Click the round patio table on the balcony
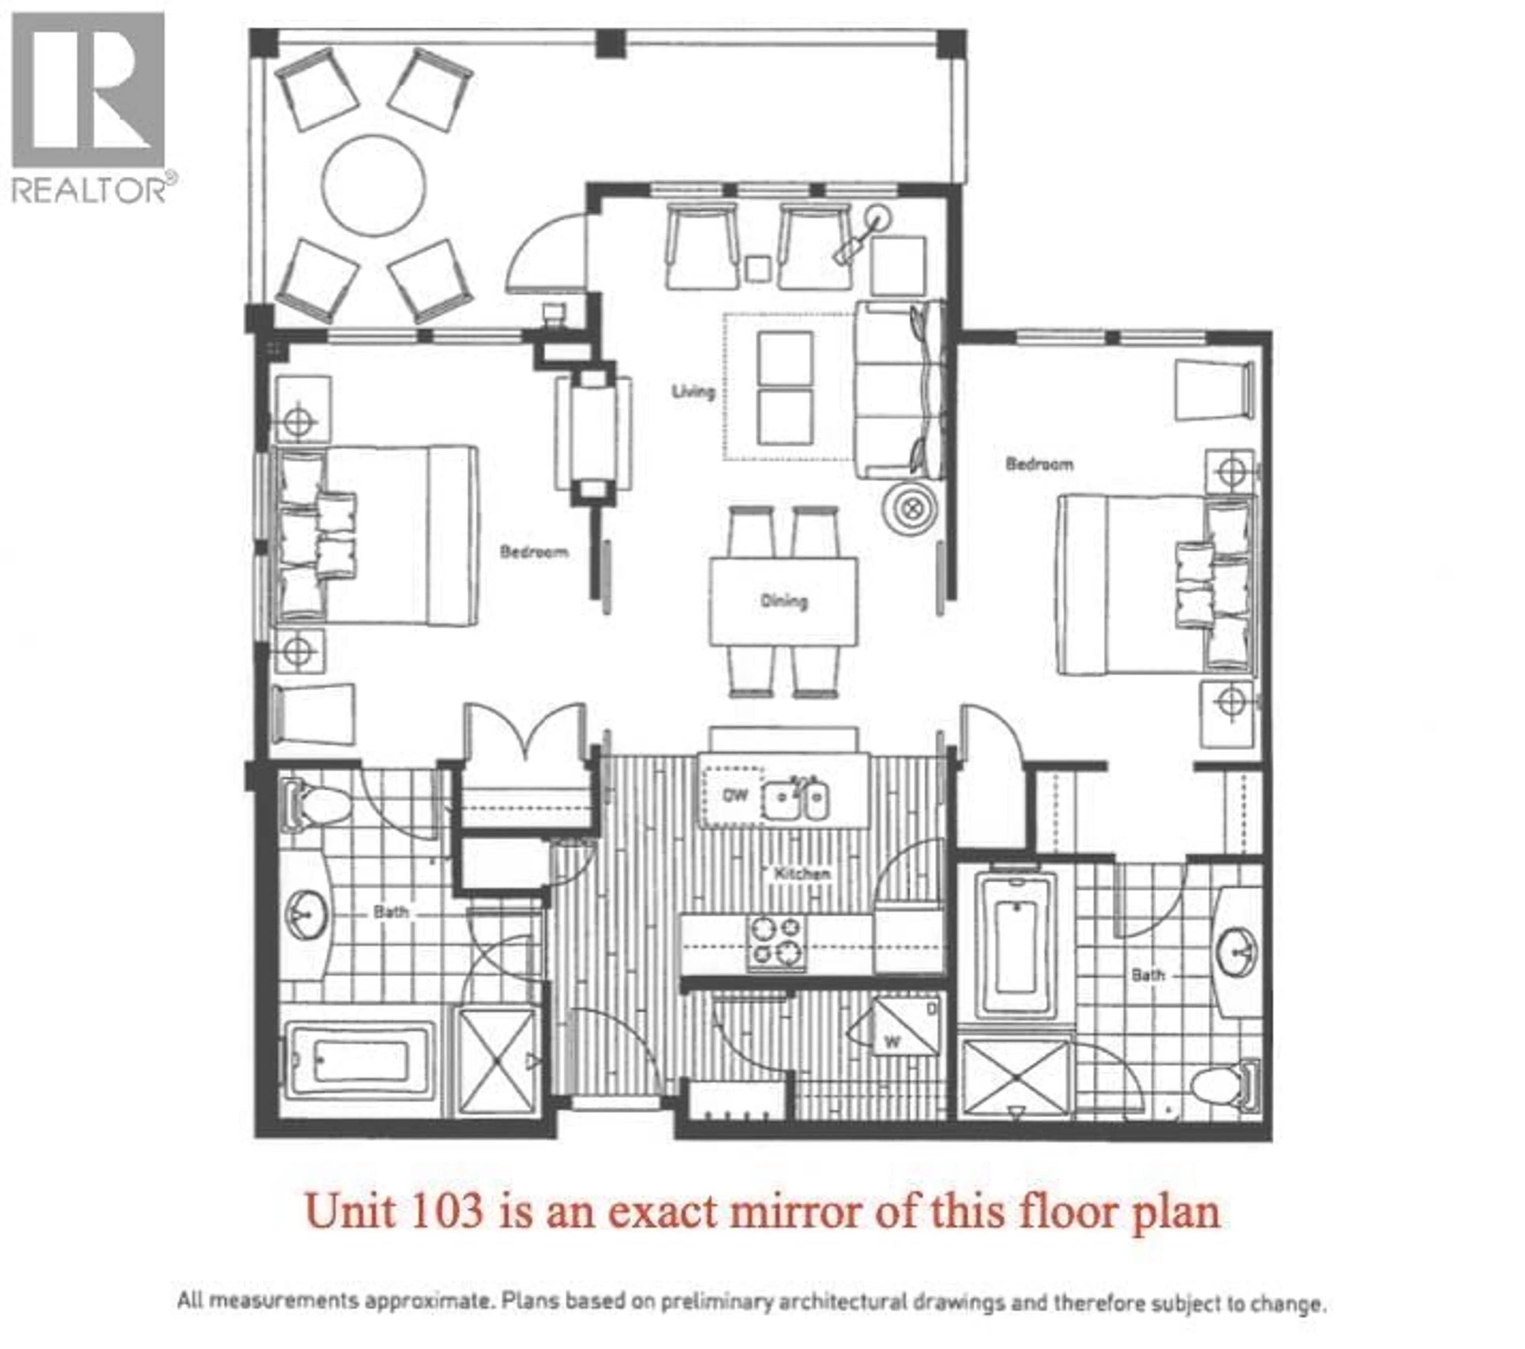[374, 186]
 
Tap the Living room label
[693, 391]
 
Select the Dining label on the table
[784, 601]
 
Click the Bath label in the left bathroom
[391, 911]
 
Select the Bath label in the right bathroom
[1147, 975]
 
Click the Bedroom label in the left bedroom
[534, 552]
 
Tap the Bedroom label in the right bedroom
[1039, 464]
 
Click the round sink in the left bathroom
[307, 914]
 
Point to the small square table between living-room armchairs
[758, 268]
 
